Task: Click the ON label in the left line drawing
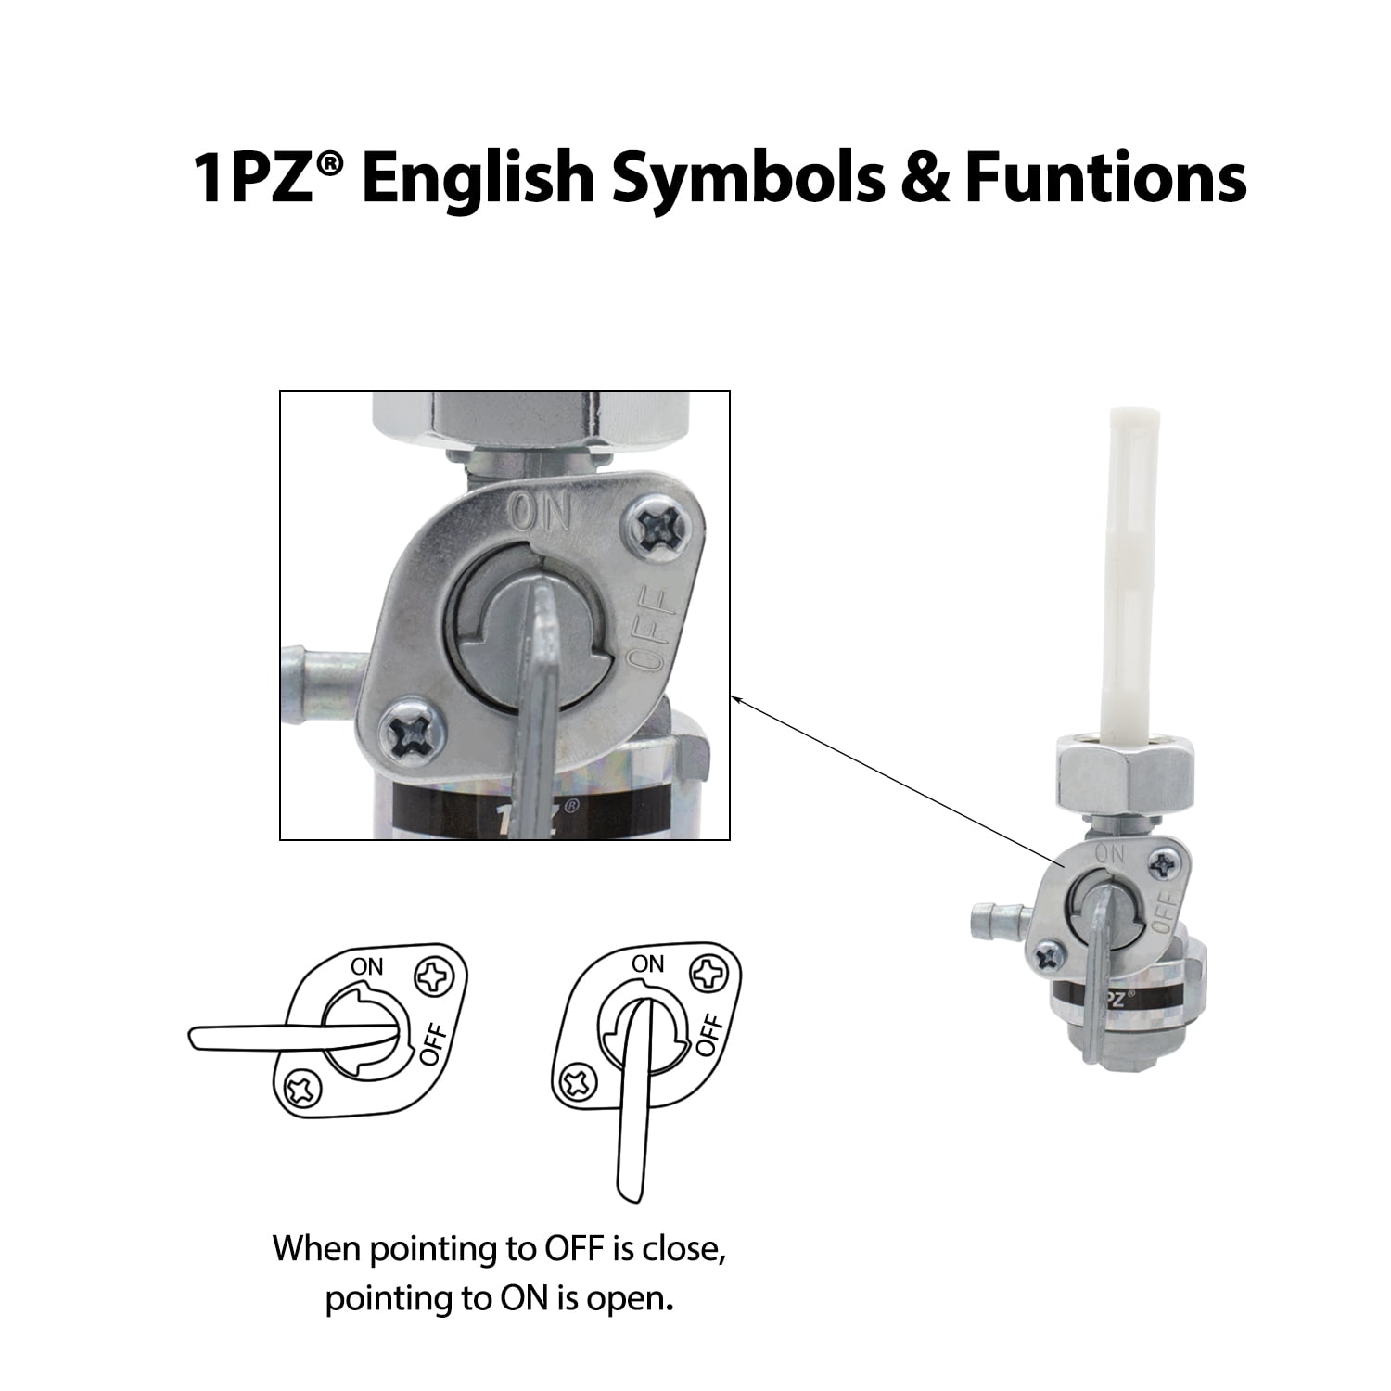point(366,966)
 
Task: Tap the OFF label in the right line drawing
point(708,1036)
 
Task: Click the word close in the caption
point(678,1249)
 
